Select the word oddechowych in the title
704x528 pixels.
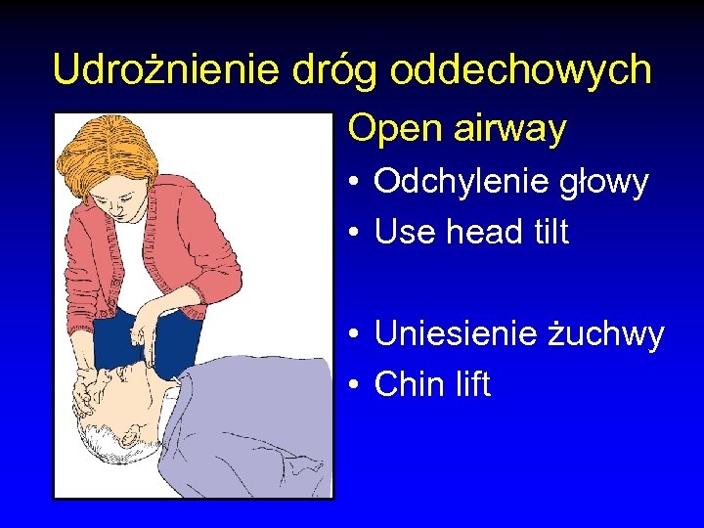[520, 70]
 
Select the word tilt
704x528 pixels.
[548, 233]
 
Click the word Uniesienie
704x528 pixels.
[456, 334]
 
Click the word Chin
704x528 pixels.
[409, 384]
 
